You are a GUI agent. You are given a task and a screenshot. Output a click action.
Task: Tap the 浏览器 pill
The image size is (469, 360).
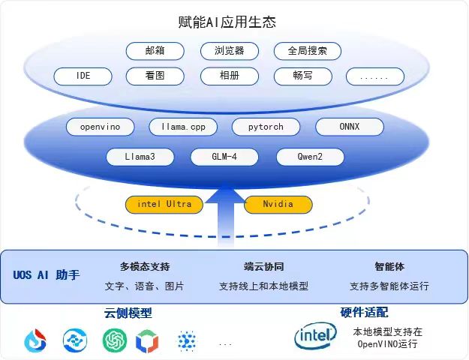coord(230,51)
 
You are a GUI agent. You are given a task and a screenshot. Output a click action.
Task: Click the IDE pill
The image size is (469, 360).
coord(83,76)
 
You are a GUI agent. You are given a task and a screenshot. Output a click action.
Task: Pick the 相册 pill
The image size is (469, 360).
coord(230,76)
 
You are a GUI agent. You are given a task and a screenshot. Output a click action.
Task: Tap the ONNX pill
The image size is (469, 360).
coord(349,127)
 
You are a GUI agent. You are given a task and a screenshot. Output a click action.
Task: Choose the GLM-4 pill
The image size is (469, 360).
coord(224,157)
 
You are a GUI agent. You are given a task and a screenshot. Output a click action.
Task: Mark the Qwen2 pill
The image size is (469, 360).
coord(310,157)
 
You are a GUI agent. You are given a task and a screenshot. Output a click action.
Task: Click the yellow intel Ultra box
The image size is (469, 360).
coord(164,204)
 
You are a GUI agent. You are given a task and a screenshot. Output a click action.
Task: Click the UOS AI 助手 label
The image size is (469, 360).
coord(46,275)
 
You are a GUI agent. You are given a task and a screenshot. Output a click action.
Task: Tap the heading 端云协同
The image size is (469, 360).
coord(263,266)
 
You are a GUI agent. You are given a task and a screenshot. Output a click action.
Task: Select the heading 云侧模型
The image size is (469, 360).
coord(128,313)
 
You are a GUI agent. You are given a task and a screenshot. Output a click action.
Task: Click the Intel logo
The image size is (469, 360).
coord(315,337)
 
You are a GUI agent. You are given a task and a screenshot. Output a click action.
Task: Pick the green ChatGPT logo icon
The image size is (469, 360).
coord(116,340)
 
